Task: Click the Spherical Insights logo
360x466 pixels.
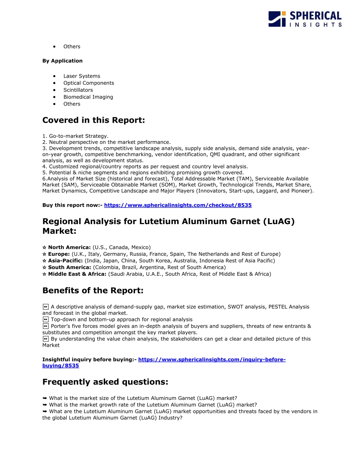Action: tap(305, 19)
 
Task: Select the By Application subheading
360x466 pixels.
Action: tap(62, 61)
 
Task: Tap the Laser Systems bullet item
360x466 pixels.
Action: tap(82, 76)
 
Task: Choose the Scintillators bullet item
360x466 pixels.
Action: tap(78, 90)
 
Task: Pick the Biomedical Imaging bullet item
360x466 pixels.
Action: tap(88, 97)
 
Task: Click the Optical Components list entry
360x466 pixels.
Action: tap(89, 83)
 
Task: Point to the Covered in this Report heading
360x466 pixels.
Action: tap(94, 120)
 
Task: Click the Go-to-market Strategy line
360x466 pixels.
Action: tap(75, 136)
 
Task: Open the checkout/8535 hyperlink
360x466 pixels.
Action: tap(178, 205)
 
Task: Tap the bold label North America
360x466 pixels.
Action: tap(69, 247)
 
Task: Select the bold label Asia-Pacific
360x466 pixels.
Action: tap(65, 261)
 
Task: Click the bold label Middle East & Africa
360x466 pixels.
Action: tap(77, 274)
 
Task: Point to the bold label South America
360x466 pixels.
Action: tap(69, 267)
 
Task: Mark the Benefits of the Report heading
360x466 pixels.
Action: tap(93, 291)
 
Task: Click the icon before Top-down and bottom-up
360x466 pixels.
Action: tap(46, 319)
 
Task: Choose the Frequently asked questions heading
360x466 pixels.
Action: tap(105, 382)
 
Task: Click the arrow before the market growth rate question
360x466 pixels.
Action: tap(45, 405)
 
